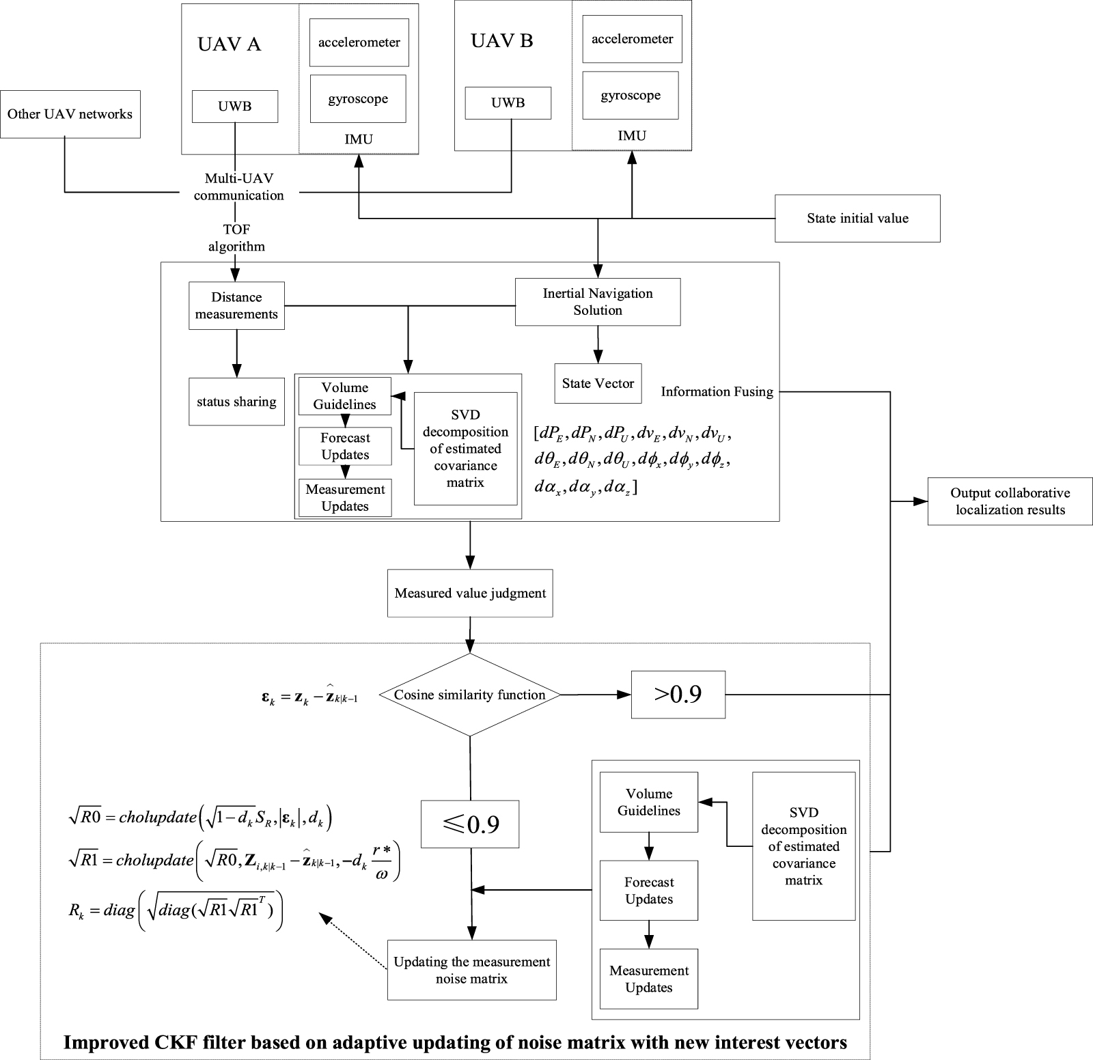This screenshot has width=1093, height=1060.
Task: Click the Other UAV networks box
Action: point(70,114)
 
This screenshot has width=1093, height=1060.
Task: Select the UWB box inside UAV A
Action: point(235,107)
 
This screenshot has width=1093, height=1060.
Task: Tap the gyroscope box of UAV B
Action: point(631,95)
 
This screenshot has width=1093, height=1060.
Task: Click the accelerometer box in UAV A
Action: point(359,42)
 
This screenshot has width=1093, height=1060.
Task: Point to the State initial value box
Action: point(857,219)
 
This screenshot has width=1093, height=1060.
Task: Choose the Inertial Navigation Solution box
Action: point(598,301)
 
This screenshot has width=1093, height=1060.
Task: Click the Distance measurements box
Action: point(236,306)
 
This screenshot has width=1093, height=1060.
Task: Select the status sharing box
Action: point(236,402)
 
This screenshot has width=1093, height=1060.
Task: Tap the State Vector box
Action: point(598,383)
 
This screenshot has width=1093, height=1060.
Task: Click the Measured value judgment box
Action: point(470,593)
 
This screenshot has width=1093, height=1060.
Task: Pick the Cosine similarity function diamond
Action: point(470,695)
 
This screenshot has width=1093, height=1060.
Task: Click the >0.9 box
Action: point(678,695)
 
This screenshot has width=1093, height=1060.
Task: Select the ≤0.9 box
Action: point(470,824)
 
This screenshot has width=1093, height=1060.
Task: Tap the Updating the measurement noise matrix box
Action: point(471,970)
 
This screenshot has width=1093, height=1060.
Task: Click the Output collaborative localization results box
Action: point(1010,501)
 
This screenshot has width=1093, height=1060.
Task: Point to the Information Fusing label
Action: point(717,391)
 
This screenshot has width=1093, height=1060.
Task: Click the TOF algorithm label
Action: point(236,238)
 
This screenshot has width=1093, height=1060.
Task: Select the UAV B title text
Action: point(502,41)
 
